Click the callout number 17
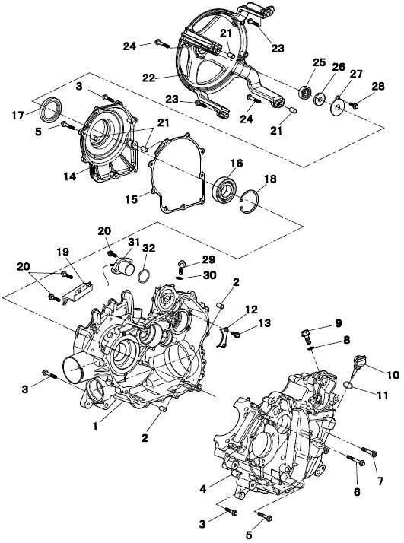(x=17, y=116)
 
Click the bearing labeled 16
(x=224, y=189)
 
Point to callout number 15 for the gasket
(x=132, y=199)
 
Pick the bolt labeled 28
(x=353, y=104)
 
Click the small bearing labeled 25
(x=305, y=93)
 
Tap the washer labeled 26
(x=319, y=99)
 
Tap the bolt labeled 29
(x=182, y=265)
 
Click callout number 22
(x=148, y=78)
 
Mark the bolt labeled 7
(x=369, y=452)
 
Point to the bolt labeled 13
(x=236, y=335)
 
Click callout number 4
(x=203, y=489)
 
